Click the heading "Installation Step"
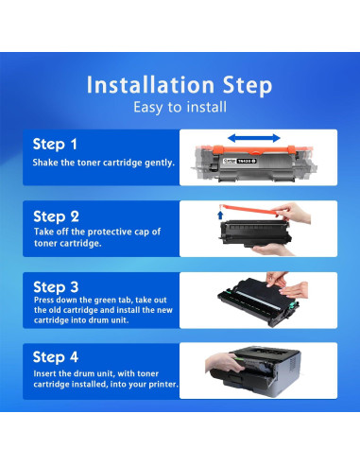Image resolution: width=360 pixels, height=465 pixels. click(x=180, y=85)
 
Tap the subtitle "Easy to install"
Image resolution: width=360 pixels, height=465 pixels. click(x=180, y=107)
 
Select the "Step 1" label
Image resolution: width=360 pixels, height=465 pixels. click(x=55, y=145)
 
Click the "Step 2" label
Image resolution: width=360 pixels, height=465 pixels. click(x=56, y=216)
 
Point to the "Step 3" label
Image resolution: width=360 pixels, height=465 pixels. click(x=56, y=287)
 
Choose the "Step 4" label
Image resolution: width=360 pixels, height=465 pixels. click(x=56, y=357)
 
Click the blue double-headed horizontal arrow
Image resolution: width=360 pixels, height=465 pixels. click(x=254, y=138)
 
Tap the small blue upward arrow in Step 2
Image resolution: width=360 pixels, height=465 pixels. click(x=220, y=215)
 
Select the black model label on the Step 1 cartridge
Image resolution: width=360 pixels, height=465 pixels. click(x=247, y=161)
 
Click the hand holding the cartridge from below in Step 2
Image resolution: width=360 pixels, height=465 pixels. click(x=271, y=250)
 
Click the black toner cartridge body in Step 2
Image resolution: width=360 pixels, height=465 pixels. click(x=254, y=232)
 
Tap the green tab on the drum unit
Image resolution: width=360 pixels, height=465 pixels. click(x=295, y=304)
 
